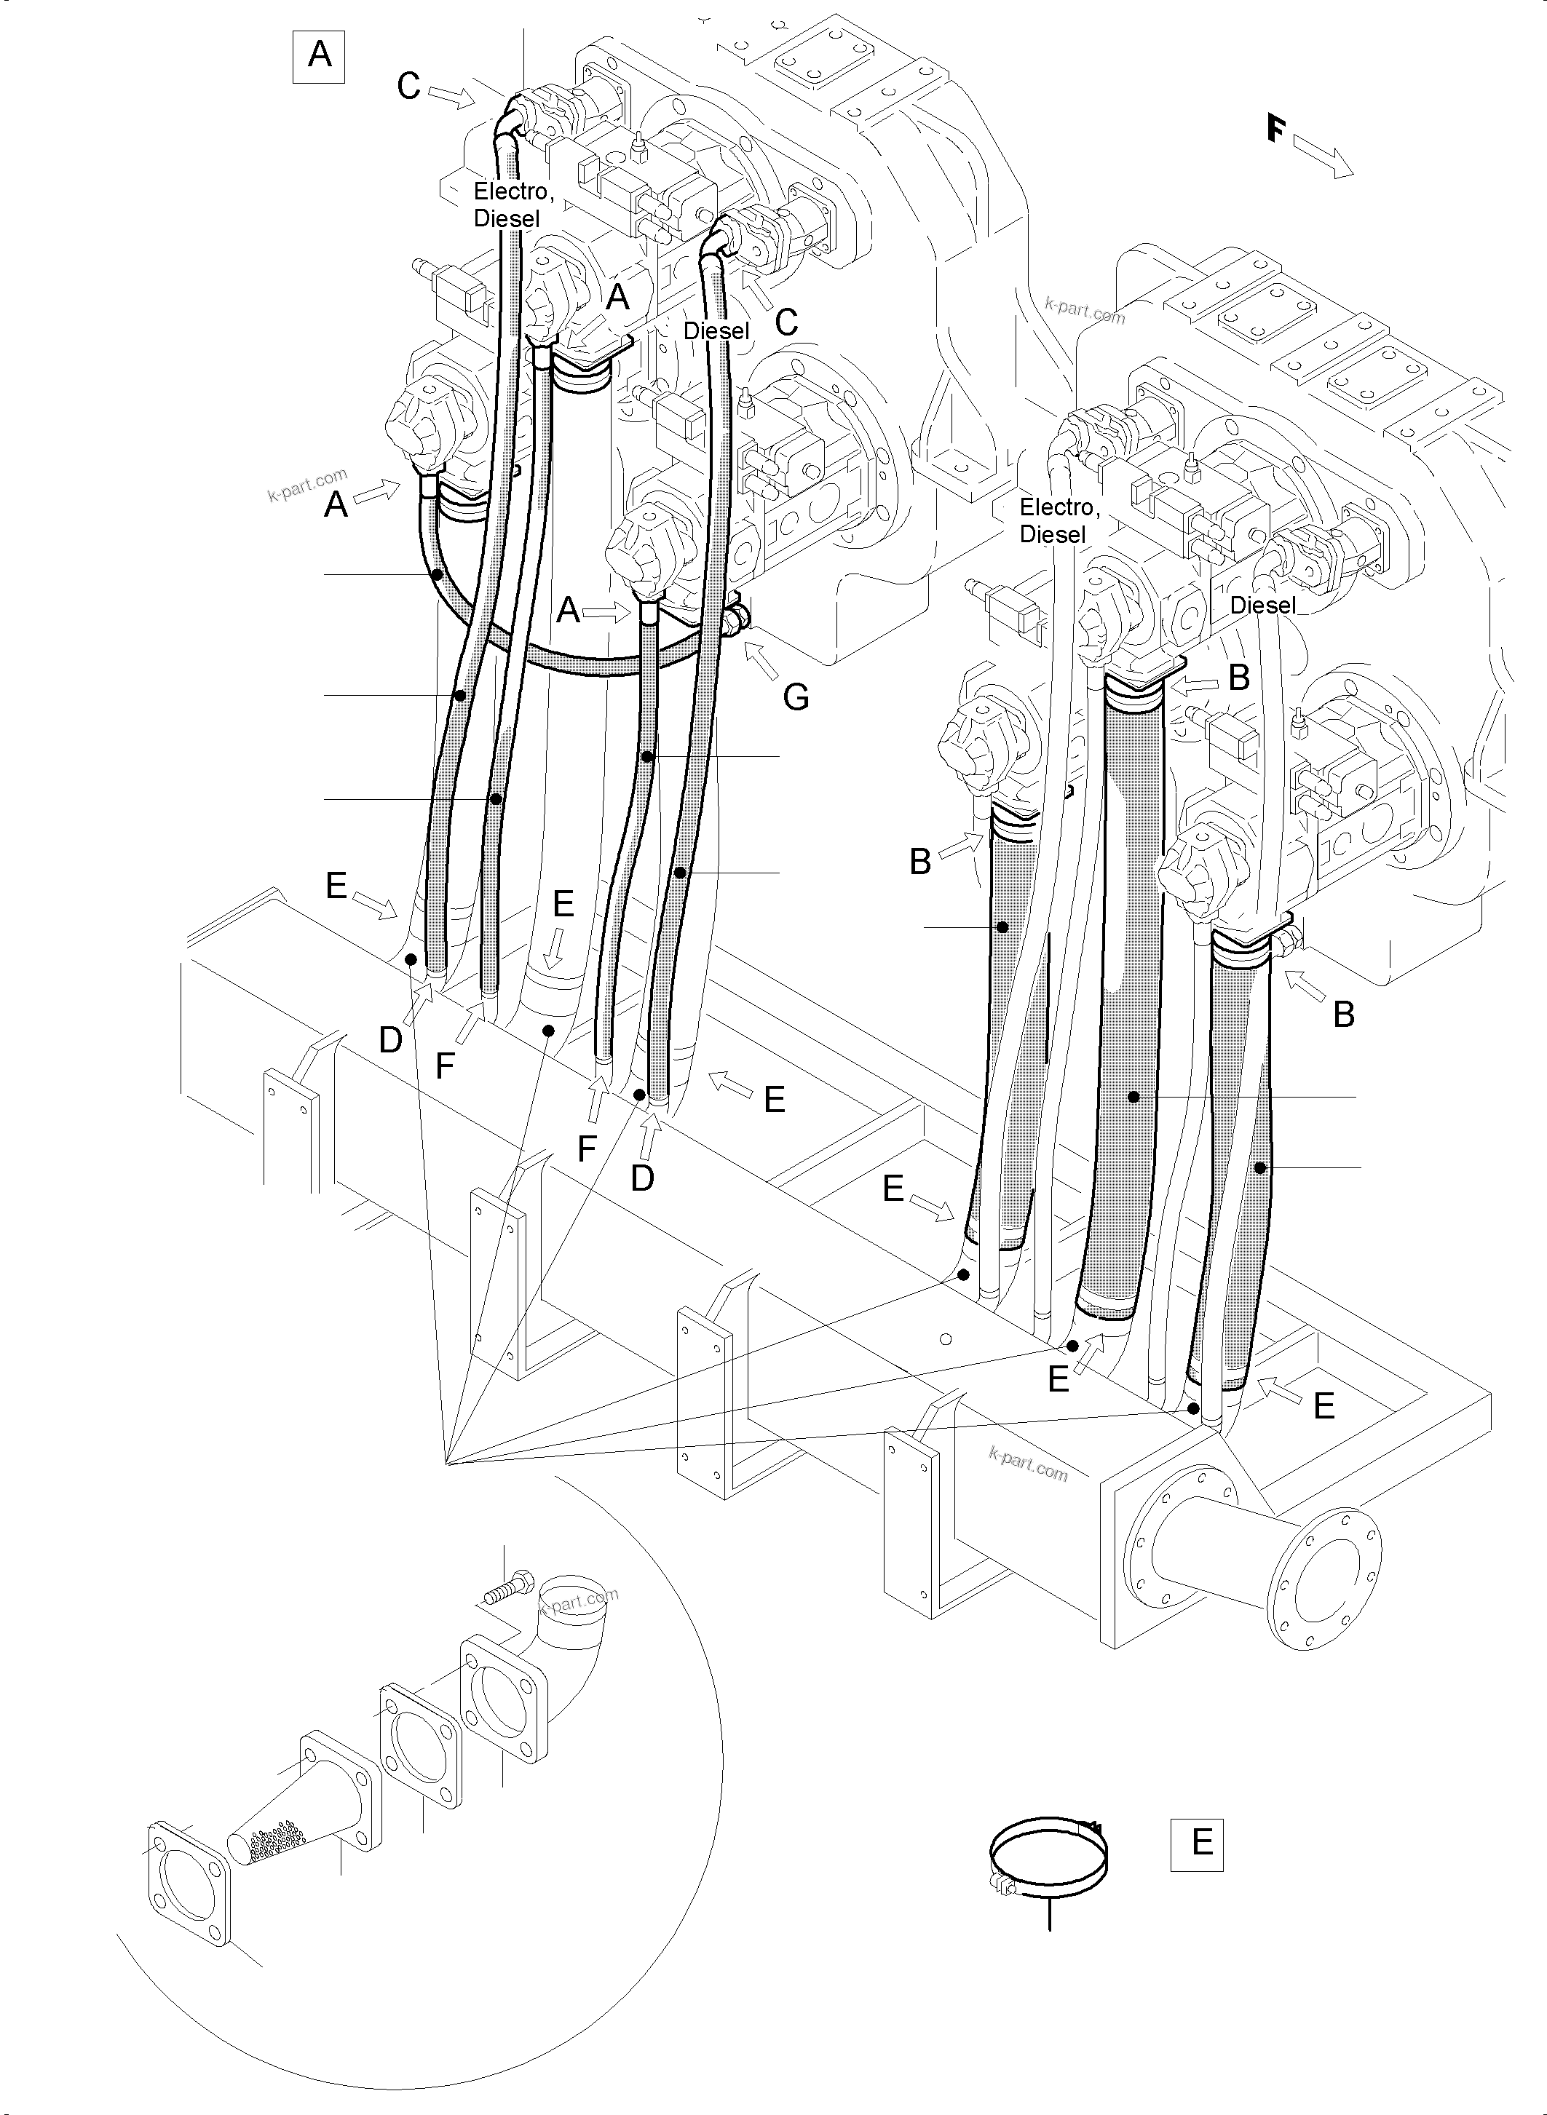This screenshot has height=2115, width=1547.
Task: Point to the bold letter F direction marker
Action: coord(1275,128)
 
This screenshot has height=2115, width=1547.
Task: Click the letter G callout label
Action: coord(795,697)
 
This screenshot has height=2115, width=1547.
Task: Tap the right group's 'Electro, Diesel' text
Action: coord(1059,520)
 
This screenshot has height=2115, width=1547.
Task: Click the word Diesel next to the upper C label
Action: coord(716,330)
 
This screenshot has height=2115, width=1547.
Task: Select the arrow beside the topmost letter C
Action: coord(454,95)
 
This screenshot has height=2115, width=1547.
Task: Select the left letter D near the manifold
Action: coord(390,1039)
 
